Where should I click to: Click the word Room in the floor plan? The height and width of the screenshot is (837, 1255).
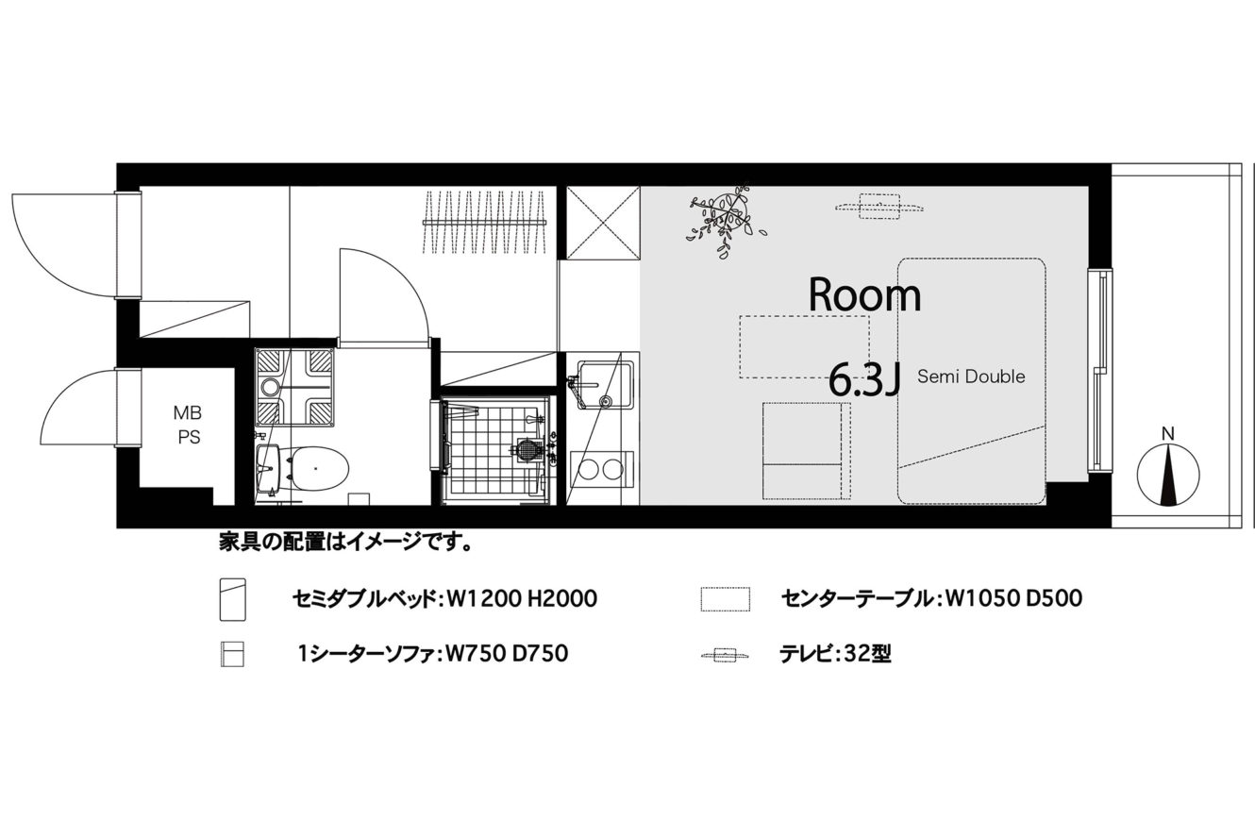(x=865, y=295)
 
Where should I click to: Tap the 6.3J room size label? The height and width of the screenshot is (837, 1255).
(x=864, y=379)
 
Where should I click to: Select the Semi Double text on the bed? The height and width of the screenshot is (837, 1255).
(x=971, y=377)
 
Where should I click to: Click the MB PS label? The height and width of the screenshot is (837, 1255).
(x=189, y=425)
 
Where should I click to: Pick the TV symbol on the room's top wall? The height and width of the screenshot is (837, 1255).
(x=879, y=207)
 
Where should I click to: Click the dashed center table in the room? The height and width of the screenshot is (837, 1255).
(x=805, y=346)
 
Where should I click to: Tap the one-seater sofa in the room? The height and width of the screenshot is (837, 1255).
(x=806, y=450)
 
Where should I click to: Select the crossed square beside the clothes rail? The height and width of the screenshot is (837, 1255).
(x=603, y=223)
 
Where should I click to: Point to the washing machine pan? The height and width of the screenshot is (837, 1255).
(x=294, y=388)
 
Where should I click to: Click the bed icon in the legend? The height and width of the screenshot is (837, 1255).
(x=232, y=599)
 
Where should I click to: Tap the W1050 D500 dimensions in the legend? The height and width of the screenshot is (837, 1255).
(x=1013, y=598)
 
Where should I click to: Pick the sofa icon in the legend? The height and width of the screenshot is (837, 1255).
(x=232, y=654)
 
